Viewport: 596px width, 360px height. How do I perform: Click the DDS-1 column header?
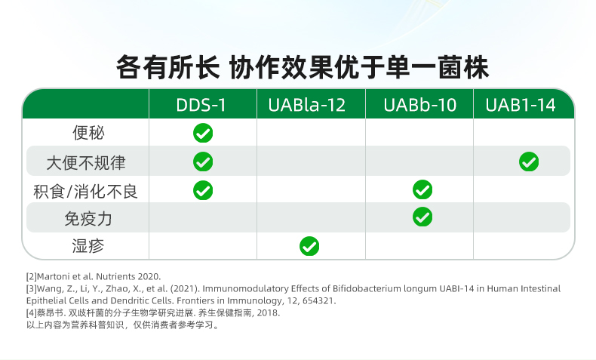click(201, 105)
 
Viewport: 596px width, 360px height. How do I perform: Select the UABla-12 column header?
click(307, 105)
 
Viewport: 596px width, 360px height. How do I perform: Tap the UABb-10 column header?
click(419, 105)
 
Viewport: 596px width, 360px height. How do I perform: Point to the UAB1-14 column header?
click(521, 105)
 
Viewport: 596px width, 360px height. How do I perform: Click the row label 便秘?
click(88, 133)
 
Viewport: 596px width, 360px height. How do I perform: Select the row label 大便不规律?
click(86, 163)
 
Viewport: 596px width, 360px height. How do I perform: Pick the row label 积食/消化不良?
click(85, 191)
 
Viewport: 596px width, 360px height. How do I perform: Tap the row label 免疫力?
click(88, 219)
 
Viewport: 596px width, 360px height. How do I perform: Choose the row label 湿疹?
click(88, 245)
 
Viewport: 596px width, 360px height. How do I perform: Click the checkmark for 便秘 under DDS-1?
click(203, 133)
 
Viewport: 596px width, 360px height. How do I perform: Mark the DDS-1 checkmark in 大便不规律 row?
click(203, 162)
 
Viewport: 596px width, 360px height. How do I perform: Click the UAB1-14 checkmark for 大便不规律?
click(529, 162)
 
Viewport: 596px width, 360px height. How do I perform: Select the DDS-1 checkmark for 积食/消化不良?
click(203, 190)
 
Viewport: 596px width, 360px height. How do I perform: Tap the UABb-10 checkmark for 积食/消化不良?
click(422, 189)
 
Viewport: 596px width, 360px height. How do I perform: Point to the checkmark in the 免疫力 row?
click(422, 217)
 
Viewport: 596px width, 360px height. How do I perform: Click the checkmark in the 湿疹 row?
click(309, 246)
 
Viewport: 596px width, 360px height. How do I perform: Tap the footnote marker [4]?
click(32, 313)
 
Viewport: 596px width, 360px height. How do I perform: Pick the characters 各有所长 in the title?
click(167, 67)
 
